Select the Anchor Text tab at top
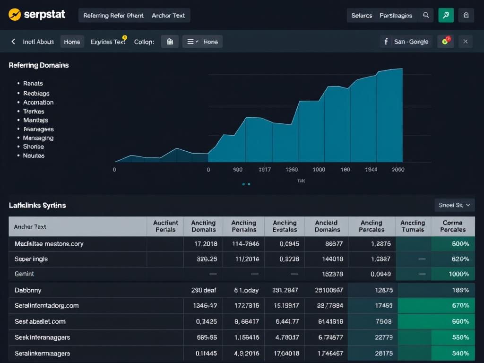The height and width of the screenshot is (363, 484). tap(168, 15)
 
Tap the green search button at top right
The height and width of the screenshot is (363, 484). tap(446, 15)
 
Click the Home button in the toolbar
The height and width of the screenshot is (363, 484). tap(72, 42)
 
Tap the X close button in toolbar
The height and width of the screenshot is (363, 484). tap(465, 42)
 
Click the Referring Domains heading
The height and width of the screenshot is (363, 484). tap(39, 65)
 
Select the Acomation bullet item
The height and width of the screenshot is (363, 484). tap(38, 102)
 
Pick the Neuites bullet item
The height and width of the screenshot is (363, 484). tap(34, 156)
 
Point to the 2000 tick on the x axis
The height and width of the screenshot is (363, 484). tap(398, 170)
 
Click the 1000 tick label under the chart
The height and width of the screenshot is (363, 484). tap(319, 170)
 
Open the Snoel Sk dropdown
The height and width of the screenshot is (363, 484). tap(454, 205)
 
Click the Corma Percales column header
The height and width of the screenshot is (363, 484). tap(452, 226)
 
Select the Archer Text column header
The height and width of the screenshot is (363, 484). tap(30, 226)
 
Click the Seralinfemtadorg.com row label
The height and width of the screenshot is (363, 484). tap(46, 305)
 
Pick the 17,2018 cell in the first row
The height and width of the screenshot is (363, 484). tap(206, 244)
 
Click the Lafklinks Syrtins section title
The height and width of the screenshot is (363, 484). tap(37, 205)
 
